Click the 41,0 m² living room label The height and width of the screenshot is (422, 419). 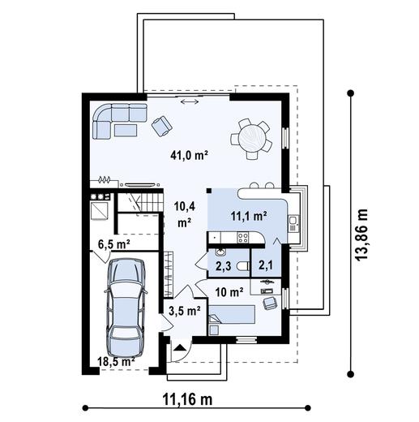coord(190,153)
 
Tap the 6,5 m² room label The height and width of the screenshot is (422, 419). coord(114,243)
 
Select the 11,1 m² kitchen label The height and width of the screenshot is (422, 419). coord(250,216)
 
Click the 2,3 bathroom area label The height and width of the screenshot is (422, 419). coord(223,265)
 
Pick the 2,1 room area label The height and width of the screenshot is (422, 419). coord(266,265)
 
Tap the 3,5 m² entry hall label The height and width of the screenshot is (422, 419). coord(184,310)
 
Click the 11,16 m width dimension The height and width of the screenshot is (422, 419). coord(184,399)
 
